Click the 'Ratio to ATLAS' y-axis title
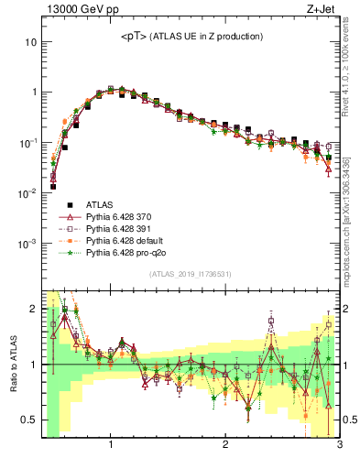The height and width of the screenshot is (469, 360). coord(12,364)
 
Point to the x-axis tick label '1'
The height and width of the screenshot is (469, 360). coord(111,445)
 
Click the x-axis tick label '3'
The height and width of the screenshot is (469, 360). coord(339,445)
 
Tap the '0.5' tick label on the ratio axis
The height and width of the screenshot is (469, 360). coord(28,420)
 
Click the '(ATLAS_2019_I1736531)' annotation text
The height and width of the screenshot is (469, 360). coord(191,274)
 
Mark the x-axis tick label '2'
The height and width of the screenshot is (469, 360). coord(225,445)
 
